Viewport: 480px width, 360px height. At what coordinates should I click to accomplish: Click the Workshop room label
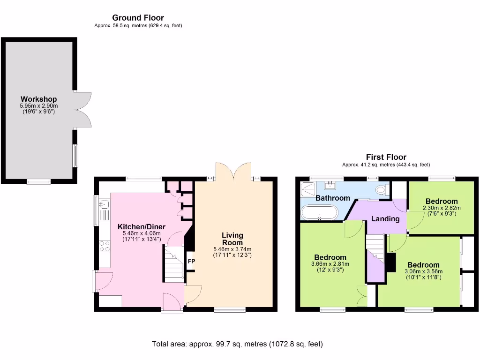click(x=38, y=99)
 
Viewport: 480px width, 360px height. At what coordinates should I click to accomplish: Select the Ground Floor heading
click(x=138, y=18)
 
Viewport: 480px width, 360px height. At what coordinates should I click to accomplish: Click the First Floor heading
click(x=386, y=157)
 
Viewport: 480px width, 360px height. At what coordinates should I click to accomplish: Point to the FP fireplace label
click(x=191, y=261)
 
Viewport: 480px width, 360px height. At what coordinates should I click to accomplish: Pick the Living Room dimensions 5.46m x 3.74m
click(x=232, y=249)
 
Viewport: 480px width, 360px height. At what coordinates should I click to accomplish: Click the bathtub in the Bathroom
click(x=319, y=213)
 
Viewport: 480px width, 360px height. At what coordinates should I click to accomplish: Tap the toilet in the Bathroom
click(x=382, y=189)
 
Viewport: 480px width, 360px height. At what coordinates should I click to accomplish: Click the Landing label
click(x=385, y=218)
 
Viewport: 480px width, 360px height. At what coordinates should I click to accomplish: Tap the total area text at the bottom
click(x=237, y=344)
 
